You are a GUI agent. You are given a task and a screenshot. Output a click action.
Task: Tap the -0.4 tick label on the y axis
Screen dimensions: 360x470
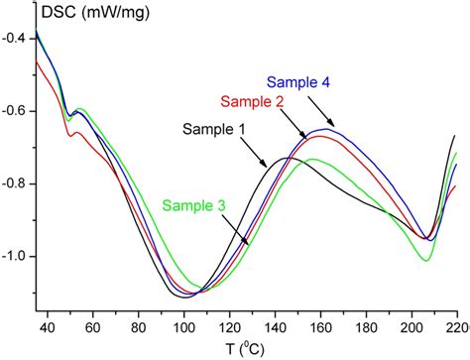tap(16, 39)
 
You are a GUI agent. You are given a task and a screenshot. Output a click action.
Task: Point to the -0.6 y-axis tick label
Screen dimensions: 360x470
tap(16, 111)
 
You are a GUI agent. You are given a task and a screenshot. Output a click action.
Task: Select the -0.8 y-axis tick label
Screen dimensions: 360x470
tap(16, 183)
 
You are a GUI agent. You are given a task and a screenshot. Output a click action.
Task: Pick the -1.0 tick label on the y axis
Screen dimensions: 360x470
tap(16, 256)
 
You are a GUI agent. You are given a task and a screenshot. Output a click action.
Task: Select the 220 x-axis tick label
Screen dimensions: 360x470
tap(454, 324)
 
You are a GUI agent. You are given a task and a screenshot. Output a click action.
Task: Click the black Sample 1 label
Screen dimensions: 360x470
tap(214, 129)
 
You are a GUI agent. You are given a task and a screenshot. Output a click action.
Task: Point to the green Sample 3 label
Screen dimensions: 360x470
tap(192, 205)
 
